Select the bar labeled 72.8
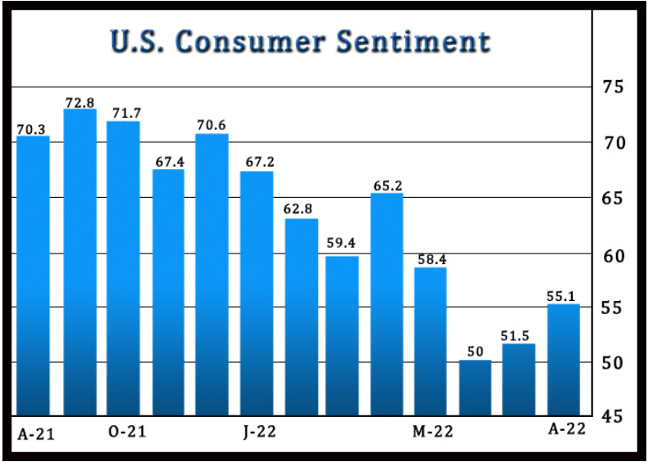click(x=79, y=262)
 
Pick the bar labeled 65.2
click(x=387, y=303)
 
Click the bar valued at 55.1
click(x=563, y=359)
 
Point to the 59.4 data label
click(x=342, y=242)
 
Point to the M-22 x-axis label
click(x=432, y=431)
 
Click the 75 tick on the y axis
click(x=613, y=87)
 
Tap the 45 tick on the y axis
click(x=613, y=416)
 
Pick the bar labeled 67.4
click(x=169, y=292)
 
